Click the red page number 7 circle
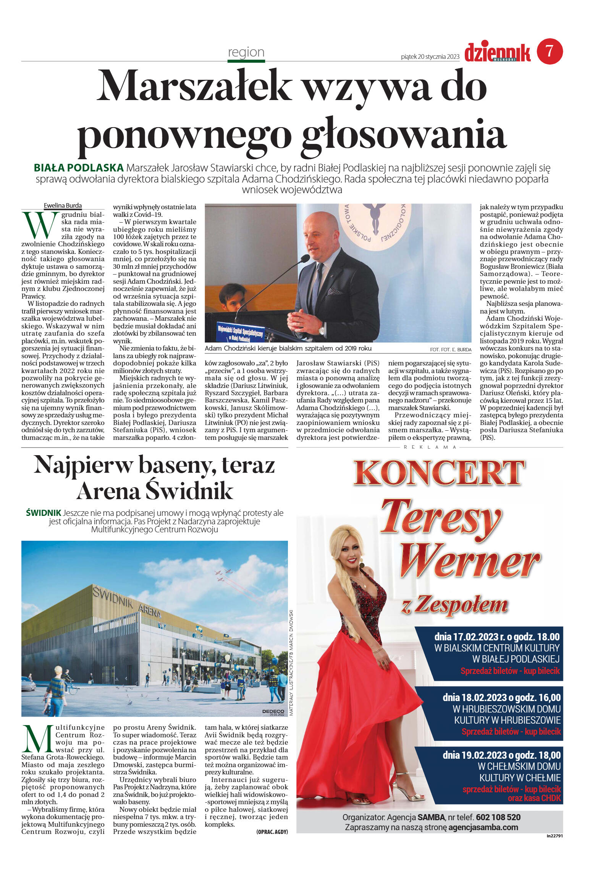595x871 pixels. tap(550, 51)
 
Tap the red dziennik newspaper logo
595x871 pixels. tap(497, 53)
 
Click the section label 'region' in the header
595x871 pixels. tap(246, 52)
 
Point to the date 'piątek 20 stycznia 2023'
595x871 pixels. tap(430, 57)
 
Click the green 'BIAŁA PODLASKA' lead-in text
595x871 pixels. tap(79, 168)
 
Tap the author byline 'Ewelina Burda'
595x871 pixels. tap(63, 205)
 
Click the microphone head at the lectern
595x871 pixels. tap(305, 259)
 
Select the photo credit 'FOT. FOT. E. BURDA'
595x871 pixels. tap(450, 349)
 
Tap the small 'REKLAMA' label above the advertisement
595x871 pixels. tap(430, 447)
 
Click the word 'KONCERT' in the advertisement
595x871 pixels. tap(439, 473)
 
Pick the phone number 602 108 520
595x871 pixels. tap(498, 817)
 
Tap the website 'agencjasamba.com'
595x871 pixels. tap(483, 827)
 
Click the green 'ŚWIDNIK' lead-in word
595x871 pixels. tap(44, 513)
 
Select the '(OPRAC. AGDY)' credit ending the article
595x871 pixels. tap(272, 832)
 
